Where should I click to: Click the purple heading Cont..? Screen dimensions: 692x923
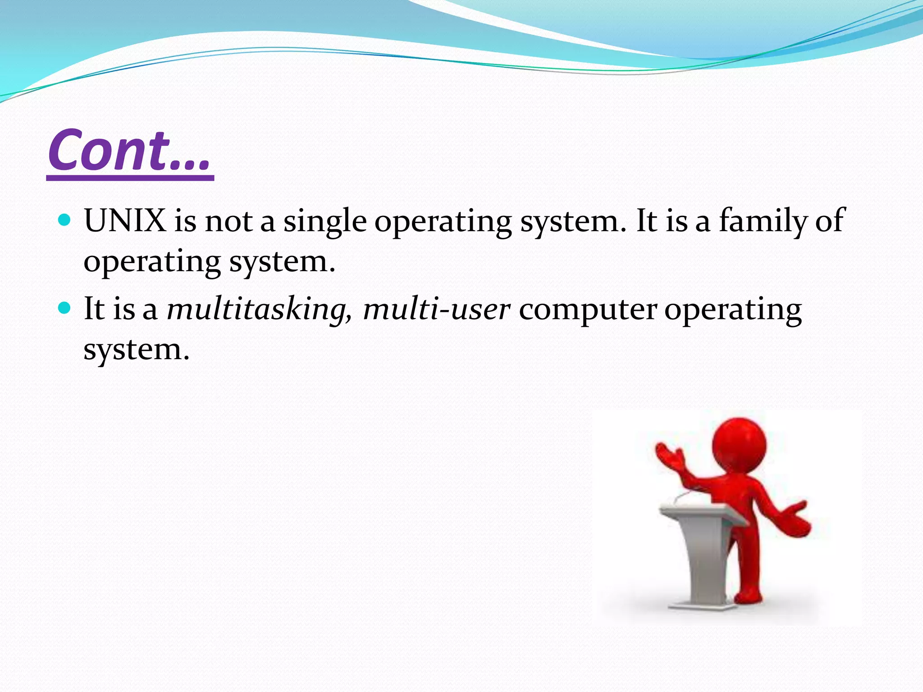click(130, 150)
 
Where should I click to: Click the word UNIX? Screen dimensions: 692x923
click(124, 221)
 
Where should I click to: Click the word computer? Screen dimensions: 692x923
click(588, 310)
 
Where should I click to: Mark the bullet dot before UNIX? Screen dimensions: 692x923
click(65, 220)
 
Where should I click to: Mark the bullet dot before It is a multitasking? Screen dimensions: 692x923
click(65, 308)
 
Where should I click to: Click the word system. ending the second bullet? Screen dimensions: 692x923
click(136, 350)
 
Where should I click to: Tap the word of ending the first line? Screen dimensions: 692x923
click(829, 221)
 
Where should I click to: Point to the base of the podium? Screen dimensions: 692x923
click(699, 604)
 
